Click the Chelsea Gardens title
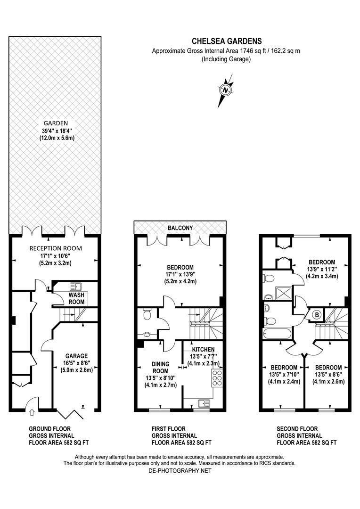[x=226, y=41]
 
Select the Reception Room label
[x=56, y=248]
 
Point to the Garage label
[x=76, y=356]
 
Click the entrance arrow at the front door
[x=32, y=413]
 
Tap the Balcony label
[x=181, y=228]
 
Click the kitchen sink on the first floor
[x=204, y=403]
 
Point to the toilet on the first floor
[x=147, y=314]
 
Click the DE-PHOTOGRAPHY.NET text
[x=180, y=470]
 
